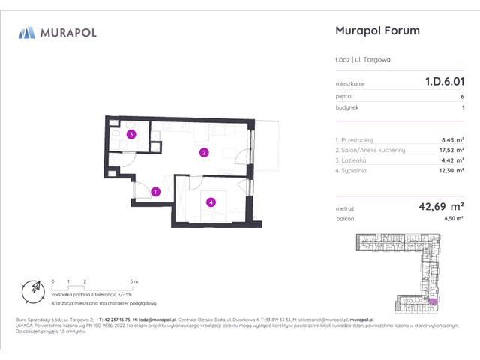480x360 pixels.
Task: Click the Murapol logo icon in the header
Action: pyautogui.click(x=27, y=32)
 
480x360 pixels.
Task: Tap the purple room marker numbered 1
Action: pyautogui.click(x=155, y=192)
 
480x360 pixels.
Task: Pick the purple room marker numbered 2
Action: pyautogui.click(x=203, y=153)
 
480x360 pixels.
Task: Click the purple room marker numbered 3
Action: pyautogui.click(x=131, y=136)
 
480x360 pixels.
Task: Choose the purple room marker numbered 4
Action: pyautogui.click(x=212, y=201)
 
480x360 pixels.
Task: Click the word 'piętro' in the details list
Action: pyautogui.click(x=344, y=96)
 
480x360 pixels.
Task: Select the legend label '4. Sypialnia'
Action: pyautogui.click(x=356, y=171)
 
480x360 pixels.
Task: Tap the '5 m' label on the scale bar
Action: pyautogui.click(x=133, y=280)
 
